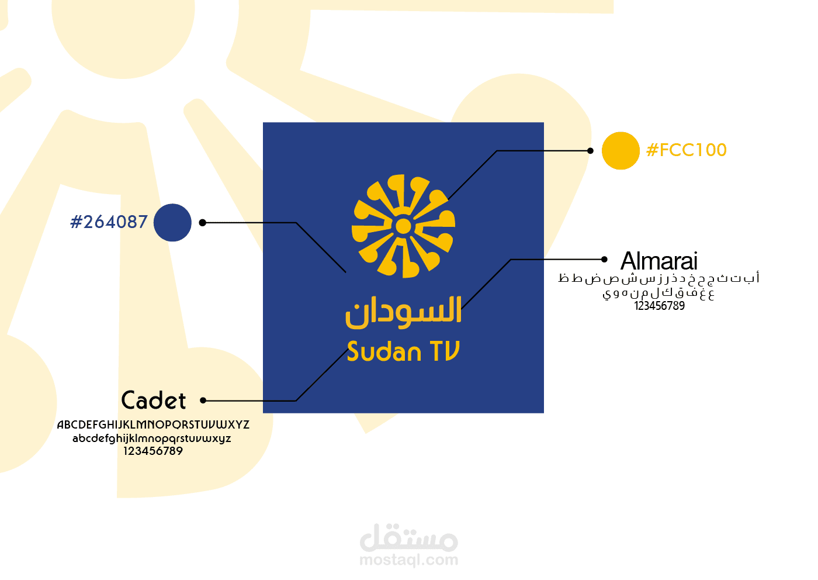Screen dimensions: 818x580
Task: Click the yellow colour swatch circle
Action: coord(621,151)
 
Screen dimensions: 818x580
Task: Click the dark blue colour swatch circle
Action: coord(172,223)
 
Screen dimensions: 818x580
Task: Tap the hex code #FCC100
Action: coord(686,150)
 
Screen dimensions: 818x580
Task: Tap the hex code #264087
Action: coord(109,222)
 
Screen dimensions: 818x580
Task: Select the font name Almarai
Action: coord(659,261)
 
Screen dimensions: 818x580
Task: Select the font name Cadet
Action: coord(153,400)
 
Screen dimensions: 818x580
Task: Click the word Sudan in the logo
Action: coord(384,351)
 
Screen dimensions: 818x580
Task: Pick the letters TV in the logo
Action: coord(445,351)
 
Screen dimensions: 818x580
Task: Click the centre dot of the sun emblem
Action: coord(403,226)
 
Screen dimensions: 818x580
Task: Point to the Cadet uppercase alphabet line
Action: coord(153,424)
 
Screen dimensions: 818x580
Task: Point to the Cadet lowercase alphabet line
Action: coord(152,438)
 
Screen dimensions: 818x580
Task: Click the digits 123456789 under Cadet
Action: coord(153,451)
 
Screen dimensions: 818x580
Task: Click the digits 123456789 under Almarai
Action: coord(660,306)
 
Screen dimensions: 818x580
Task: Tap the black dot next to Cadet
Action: coord(203,401)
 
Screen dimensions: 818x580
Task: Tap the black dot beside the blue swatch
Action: coord(203,223)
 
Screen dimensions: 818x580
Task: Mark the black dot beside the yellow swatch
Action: coord(590,151)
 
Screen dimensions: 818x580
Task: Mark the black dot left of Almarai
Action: coord(604,260)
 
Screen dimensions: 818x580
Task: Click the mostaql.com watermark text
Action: coord(409,560)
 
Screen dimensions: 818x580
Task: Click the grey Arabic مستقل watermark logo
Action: coord(409,538)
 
